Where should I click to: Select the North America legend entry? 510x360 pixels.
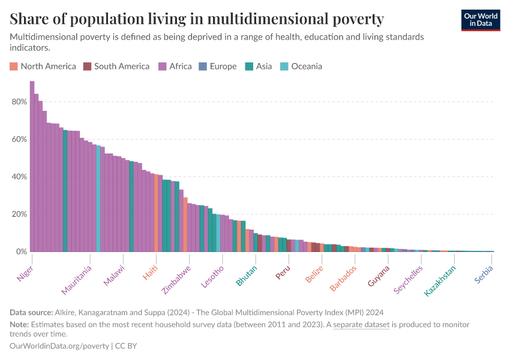(43, 67)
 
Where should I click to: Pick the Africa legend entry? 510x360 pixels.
(175, 67)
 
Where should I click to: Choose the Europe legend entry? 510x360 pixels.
(218, 67)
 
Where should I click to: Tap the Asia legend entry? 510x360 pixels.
(259, 67)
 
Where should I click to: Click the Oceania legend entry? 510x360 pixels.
(301, 67)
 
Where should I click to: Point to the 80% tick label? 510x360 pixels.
(19, 102)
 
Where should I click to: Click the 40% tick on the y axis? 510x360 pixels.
(19, 177)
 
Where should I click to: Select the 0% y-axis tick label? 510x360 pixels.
(22, 252)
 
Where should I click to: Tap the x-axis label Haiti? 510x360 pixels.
(150, 272)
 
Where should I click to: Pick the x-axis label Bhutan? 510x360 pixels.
(247, 275)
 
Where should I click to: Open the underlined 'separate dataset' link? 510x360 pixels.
(361, 325)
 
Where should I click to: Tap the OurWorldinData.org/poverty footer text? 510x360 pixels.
(59, 346)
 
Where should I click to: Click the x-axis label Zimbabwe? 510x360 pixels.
(176, 280)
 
